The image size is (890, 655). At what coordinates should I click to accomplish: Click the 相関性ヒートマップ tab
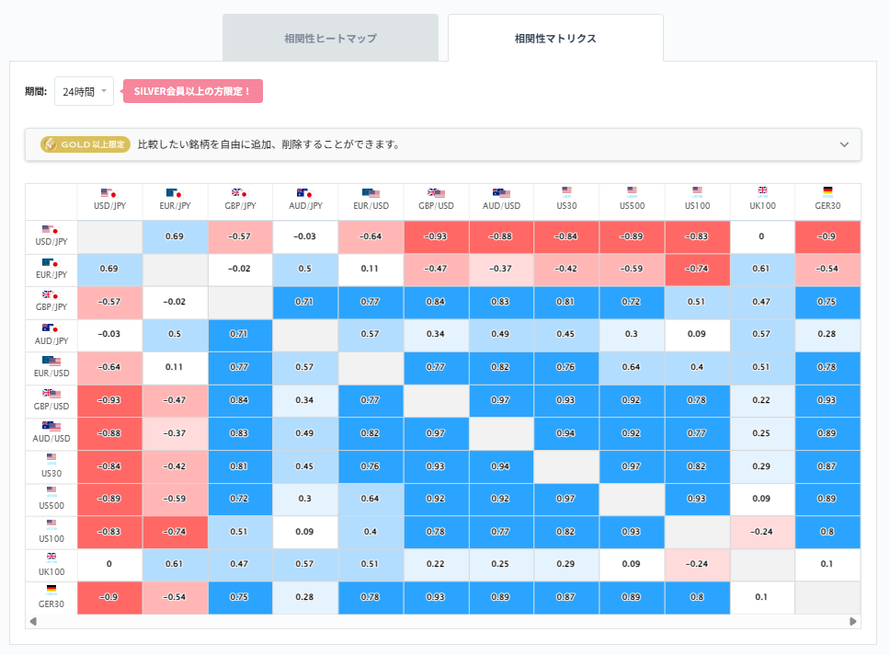[330, 39]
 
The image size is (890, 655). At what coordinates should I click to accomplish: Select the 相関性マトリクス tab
[555, 39]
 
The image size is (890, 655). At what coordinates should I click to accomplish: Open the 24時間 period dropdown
[84, 91]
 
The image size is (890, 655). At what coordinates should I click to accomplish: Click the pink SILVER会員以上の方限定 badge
[193, 91]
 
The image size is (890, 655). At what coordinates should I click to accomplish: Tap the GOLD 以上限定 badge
[84, 144]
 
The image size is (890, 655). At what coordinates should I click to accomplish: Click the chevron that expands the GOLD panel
[844, 144]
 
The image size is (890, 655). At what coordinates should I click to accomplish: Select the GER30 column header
[827, 200]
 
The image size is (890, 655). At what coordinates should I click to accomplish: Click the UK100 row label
[51, 563]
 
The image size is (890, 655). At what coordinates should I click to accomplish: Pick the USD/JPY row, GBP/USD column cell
[436, 236]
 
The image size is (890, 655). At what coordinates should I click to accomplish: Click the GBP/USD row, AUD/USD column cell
[501, 401]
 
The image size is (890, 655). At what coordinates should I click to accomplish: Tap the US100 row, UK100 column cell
[762, 531]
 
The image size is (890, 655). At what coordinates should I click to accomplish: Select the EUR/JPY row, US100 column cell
[697, 269]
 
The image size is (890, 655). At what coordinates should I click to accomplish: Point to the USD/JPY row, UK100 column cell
[762, 236]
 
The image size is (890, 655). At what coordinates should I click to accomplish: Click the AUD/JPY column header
[305, 200]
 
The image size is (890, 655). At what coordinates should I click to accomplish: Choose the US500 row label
[51, 499]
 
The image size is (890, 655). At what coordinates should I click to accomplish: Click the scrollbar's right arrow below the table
[853, 622]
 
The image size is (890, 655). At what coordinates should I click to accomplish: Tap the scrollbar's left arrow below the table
[34, 622]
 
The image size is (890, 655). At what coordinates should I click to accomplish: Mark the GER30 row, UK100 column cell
[762, 596]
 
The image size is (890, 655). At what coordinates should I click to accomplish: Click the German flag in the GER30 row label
[51, 589]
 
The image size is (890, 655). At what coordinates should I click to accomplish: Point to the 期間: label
[36, 91]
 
